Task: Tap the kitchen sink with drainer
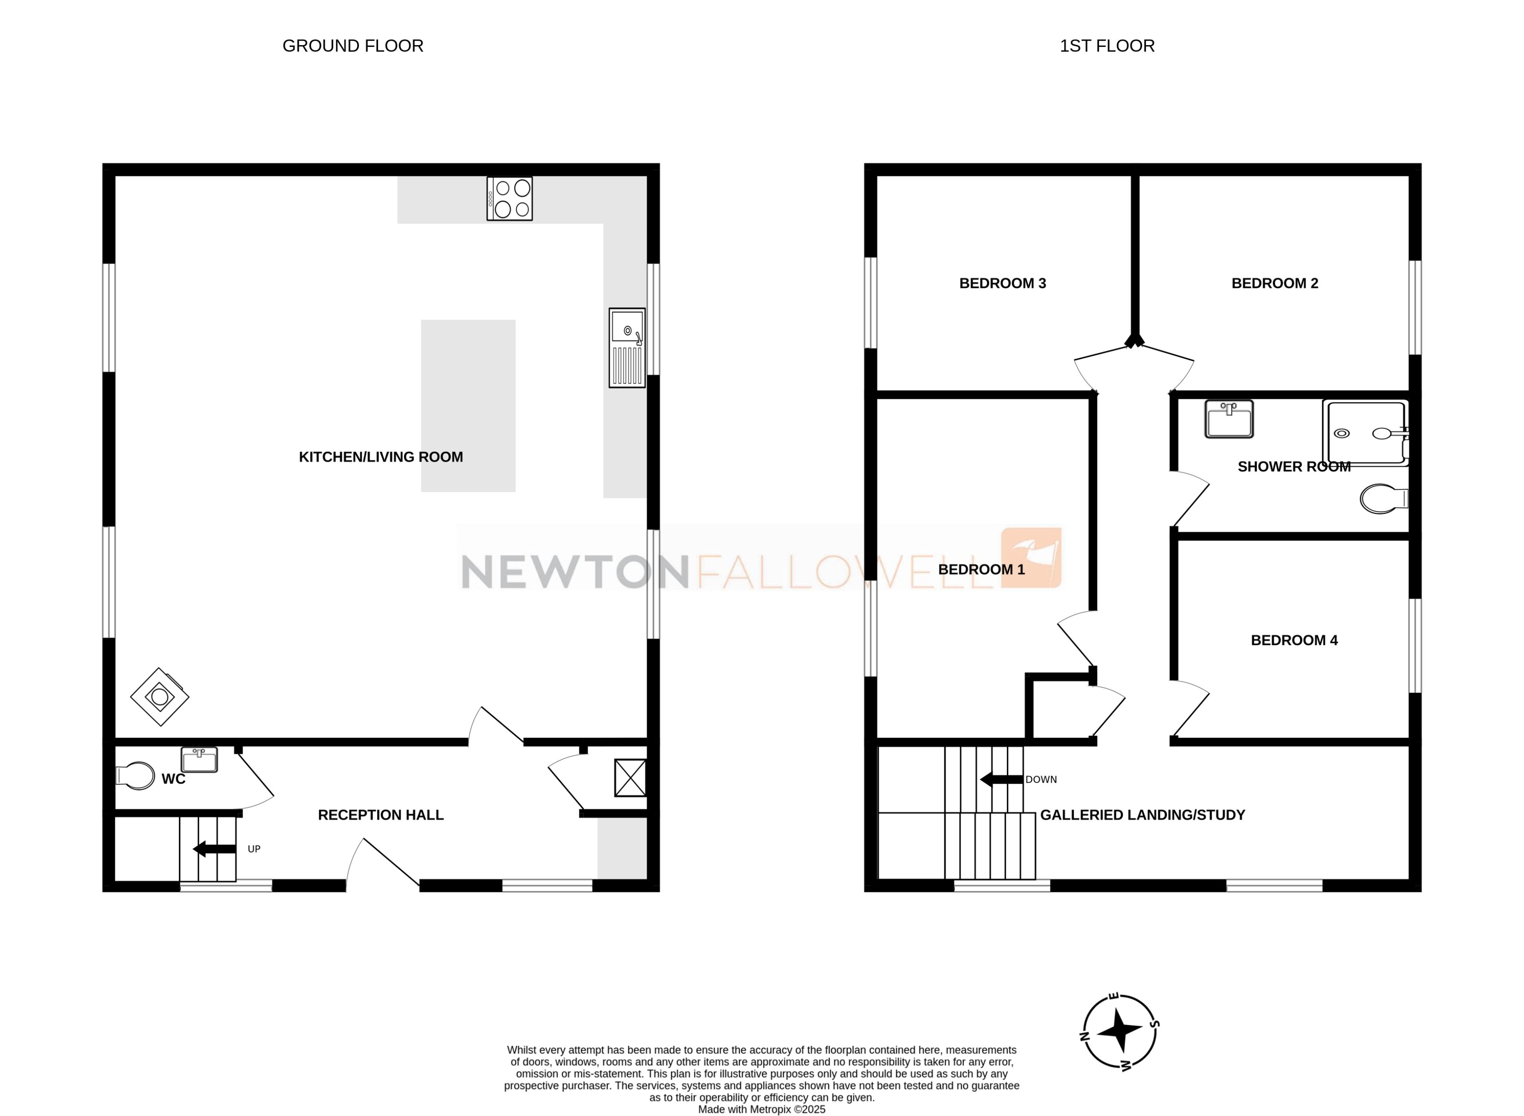click(627, 348)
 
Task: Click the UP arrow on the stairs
click(214, 849)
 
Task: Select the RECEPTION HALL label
click(381, 815)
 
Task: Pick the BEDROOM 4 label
click(1294, 640)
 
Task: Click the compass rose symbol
click(1120, 1031)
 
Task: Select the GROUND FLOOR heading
click(353, 46)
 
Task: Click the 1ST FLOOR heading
click(1107, 46)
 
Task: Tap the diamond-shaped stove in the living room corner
click(160, 697)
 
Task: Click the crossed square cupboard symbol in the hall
click(630, 778)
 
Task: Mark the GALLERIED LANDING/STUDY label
click(1142, 815)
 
